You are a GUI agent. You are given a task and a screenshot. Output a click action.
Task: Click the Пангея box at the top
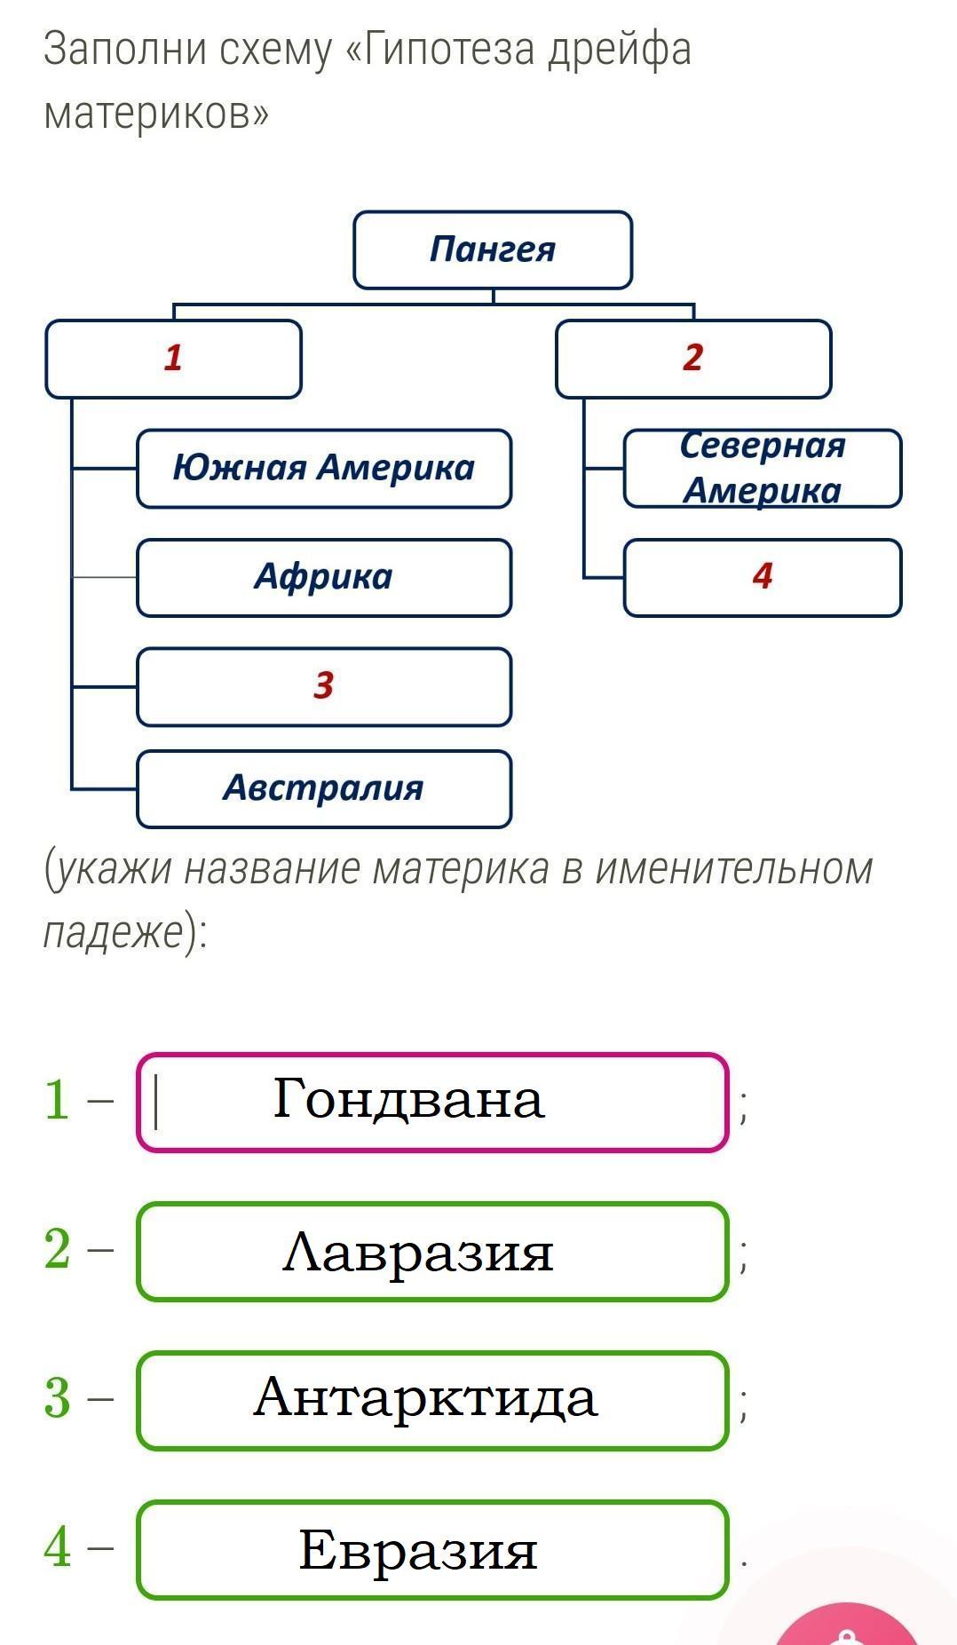(493, 249)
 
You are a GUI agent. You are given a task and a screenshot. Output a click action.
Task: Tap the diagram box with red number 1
(173, 359)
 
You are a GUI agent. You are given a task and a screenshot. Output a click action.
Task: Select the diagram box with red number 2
(693, 359)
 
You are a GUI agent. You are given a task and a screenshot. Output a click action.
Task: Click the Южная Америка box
(324, 469)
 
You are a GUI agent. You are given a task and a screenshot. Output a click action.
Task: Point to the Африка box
(324, 577)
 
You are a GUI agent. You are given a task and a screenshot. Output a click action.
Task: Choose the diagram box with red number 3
(324, 686)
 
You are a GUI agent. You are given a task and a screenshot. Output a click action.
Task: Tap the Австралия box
(324, 788)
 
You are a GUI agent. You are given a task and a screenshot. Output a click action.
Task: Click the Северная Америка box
(763, 468)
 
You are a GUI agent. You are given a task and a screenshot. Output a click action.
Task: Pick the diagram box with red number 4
(763, 577)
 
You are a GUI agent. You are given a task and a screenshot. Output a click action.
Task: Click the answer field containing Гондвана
(432, 1102)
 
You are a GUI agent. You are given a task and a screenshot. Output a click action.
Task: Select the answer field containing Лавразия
(432, 1252)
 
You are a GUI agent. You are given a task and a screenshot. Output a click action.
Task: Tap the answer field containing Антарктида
(432, 1400)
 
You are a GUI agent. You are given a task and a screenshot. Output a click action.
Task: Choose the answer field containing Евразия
(432, 1550)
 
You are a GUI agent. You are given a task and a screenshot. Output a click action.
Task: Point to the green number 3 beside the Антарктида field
(57, 1398)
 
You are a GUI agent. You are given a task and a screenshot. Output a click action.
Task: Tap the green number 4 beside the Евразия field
(57, 1547)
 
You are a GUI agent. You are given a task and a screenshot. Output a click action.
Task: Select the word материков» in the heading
(156, 113)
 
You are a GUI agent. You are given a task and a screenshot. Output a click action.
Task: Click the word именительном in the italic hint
(733, 868)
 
